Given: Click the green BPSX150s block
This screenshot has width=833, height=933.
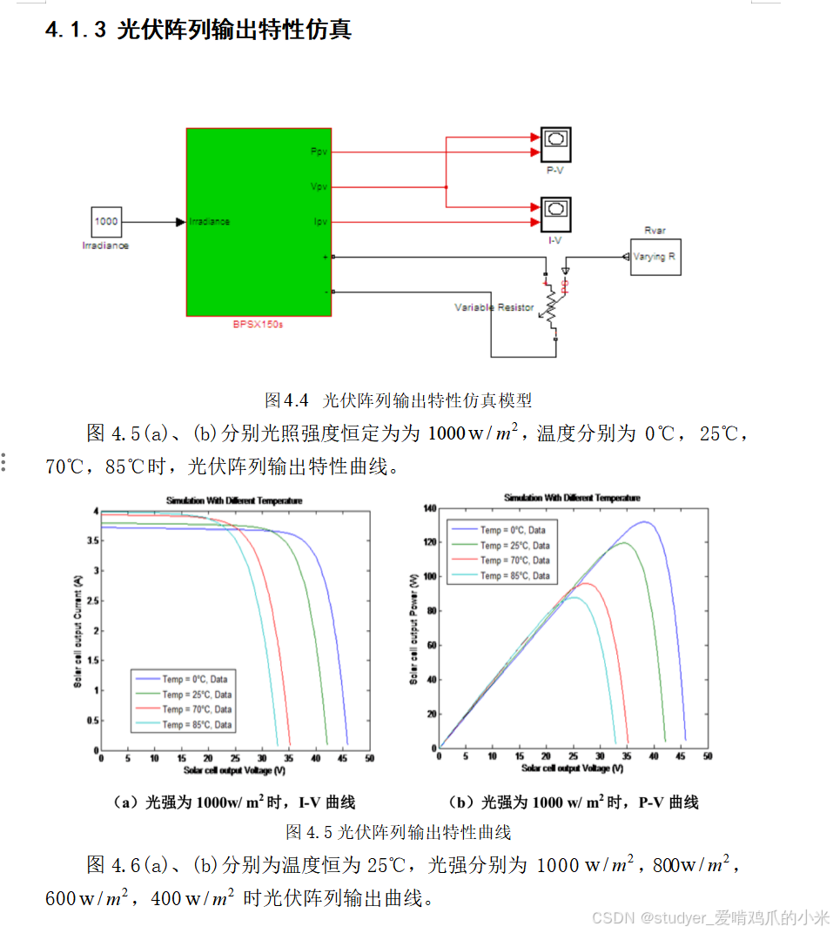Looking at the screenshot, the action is (259, 222).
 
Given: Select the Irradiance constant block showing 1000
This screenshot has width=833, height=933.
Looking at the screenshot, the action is (106, 222).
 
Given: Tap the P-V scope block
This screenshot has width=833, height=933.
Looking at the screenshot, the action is (554, 141).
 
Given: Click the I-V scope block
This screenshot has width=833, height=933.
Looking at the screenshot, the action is (554, 210).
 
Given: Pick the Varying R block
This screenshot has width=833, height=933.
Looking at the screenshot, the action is (655, 257).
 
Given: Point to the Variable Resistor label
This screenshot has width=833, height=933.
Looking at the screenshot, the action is (494, 307).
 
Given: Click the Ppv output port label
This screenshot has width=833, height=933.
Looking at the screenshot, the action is (319, 152).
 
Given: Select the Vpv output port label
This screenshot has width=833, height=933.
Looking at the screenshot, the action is (319, 187).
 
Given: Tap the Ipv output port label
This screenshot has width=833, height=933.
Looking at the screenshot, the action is (320, 222).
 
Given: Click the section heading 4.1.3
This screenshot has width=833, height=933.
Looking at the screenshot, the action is (198, 30).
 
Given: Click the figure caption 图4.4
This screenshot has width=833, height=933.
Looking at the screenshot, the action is (398, 400).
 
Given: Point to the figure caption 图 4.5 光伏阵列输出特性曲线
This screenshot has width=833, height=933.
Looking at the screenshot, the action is (398, 832).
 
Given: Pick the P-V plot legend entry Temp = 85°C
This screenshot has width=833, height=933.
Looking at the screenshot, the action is (514, 575).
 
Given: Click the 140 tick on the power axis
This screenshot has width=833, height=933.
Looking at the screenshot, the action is (427, 507).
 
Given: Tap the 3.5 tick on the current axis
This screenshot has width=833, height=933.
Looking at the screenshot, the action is (91, 540).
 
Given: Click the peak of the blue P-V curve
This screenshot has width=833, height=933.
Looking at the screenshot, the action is (644, 522).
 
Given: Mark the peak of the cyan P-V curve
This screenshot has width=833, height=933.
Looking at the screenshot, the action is (574, 597).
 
